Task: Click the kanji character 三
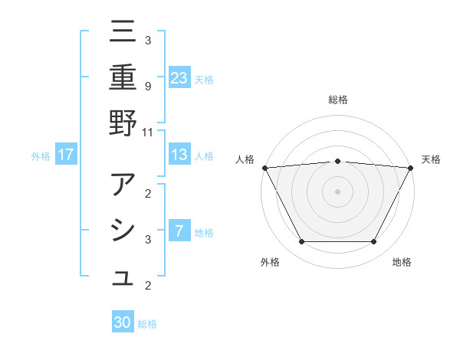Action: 123,33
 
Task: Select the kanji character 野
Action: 123,123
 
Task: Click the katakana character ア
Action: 123,186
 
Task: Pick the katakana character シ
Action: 123,231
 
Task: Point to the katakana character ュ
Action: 123,280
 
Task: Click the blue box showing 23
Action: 179,77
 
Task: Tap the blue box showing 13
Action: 179,155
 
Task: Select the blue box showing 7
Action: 179,231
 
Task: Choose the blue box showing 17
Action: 66,155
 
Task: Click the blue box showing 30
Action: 123,322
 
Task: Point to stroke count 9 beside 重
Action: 148,86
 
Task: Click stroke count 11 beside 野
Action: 148,132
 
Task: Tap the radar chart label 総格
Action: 337,100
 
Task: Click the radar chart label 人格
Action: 245,159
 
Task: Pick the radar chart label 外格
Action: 269,262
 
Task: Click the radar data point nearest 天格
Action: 411,167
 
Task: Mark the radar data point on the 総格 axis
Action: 337,161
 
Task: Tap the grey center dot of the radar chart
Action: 337,191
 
